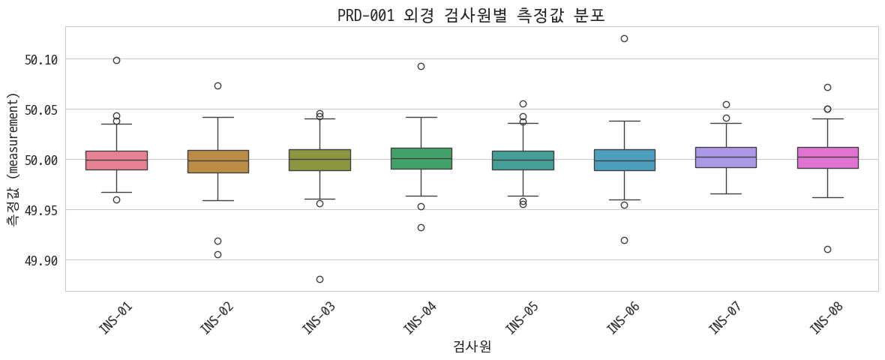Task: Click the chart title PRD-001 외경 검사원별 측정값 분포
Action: [x=471, y=15]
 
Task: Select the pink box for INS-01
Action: [x=116, y=160]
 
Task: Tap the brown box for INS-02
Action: [x=217, y=161]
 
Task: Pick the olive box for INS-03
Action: [x=319, y=160]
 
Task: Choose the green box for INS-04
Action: [x=421, y=158]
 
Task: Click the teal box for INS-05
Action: [x=523, y=160]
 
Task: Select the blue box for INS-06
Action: [x=624, y=160]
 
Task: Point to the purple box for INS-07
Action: [x=726, y=157]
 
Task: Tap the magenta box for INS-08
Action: [x=827, y=157]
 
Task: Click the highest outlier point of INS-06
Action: [x=624, y=38]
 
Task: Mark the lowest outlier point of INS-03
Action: [x=319, y=279]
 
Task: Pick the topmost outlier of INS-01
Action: [x=116, y=60]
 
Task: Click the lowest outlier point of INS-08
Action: [x=827, y=249]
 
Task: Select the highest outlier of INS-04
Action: [x=421, y=66]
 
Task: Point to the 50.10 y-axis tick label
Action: [x=41, y=59]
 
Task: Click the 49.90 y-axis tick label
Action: [x=41, y=260]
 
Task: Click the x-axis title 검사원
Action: [x=472, y=346]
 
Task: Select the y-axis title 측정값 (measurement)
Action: [x=12, y=159]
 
